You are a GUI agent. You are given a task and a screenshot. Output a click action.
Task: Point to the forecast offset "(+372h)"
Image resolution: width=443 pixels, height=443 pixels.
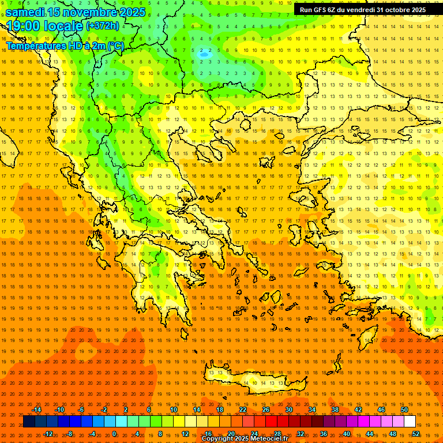coord(103,26)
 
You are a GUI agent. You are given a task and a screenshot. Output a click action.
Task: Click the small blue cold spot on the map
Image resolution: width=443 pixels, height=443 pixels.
coord(204,54)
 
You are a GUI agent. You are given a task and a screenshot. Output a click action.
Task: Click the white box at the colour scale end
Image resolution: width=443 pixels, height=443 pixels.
coord(410,422)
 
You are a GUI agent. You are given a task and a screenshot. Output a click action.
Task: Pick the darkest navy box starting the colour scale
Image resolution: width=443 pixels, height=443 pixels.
coord(29,422)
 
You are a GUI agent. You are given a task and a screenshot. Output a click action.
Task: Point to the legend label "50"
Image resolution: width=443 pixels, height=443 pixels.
coord(404,410)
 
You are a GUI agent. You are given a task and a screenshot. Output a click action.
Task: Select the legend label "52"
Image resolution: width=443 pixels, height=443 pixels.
coord(415,433)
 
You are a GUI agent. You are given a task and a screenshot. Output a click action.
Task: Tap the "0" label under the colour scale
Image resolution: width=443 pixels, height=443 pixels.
coord(114,433)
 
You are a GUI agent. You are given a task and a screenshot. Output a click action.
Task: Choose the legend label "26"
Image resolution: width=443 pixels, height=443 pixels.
coord(266,410)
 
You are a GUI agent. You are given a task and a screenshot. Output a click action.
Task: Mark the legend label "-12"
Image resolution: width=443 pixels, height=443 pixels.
coord(48,433)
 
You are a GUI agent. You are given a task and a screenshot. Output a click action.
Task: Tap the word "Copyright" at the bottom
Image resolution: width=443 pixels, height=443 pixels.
coord(218,439)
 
